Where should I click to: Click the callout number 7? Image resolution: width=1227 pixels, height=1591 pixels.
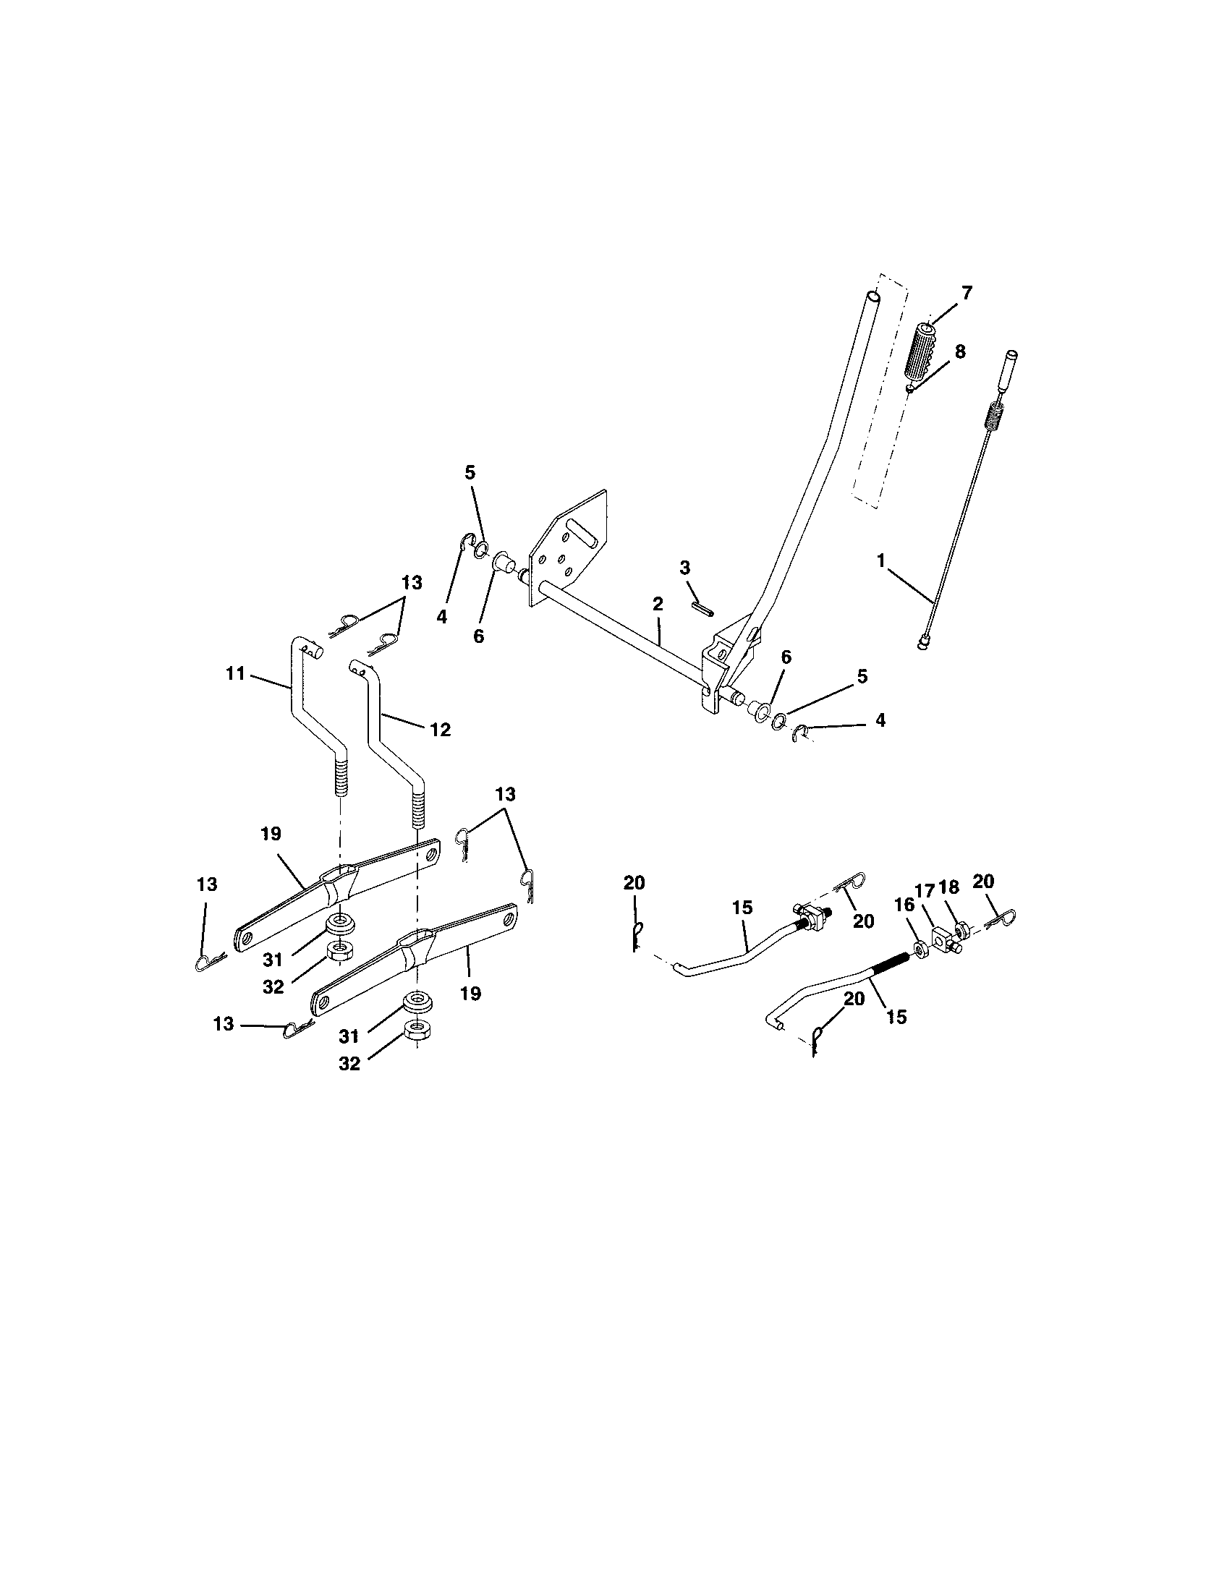point(966,294)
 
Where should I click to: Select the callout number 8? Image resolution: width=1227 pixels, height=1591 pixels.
point(959,352)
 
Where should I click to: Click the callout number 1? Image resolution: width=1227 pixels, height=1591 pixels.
point(881,560)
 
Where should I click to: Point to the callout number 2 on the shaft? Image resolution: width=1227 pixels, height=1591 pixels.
point(657,604)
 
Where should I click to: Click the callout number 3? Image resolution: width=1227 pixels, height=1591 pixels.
point(684,568)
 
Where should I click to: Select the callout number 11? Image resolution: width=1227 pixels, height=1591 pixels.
point(235,674)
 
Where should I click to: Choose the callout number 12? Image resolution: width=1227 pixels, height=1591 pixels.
point(440,729)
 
